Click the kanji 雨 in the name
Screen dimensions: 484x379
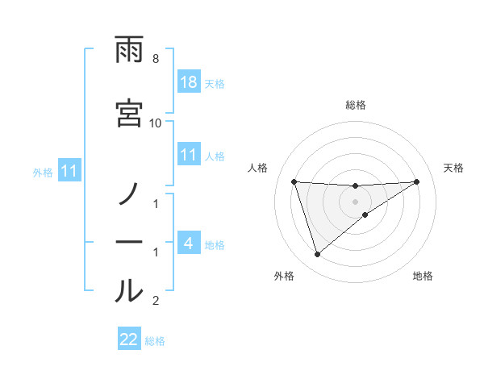(129, 52)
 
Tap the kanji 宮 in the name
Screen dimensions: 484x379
(129, 112)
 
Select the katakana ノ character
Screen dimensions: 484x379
(129, 194)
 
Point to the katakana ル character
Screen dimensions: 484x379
(129, 290)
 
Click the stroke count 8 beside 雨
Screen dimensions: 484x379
(155, 59)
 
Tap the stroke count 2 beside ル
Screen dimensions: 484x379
(155, 301)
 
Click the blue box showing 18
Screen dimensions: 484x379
(189, 82)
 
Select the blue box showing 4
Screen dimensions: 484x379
(189, 243)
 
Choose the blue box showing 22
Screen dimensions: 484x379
(129, 339)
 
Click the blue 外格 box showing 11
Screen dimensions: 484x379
(70, 171)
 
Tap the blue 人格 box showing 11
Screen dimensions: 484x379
(189, 155)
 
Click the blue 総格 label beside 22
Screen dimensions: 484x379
(156, 340)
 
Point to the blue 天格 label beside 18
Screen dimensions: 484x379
(215, 83)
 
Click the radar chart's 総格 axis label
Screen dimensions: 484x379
(356, 105)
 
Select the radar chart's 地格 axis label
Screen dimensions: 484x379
(423, 276)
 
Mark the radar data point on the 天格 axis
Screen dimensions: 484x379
(417, 181)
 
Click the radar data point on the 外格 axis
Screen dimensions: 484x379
(317, 255)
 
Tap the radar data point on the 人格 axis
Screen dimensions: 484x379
(294, 181)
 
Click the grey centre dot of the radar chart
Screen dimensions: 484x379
(356, 202)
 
